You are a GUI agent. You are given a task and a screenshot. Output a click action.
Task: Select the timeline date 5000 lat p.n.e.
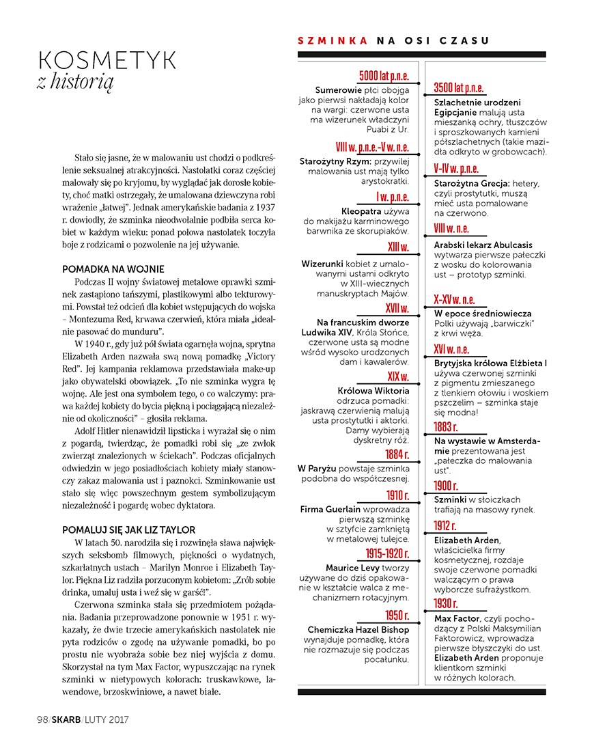[x=384, y=75]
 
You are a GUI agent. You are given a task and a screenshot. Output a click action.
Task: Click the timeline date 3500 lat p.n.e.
[x=459, y=87]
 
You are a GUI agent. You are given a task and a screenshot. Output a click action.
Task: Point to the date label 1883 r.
[x=446, y=427]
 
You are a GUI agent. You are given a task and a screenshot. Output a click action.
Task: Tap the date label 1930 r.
[x=446, y=603]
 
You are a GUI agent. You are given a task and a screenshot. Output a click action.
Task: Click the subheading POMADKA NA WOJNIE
[x=113, y=269]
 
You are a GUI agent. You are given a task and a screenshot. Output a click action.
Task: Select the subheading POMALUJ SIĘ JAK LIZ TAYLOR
[x=128, y=530]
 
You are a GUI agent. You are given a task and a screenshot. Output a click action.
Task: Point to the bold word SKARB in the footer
[x=65, y=719]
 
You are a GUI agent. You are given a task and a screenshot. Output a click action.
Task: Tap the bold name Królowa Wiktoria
[x=373, y=391]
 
